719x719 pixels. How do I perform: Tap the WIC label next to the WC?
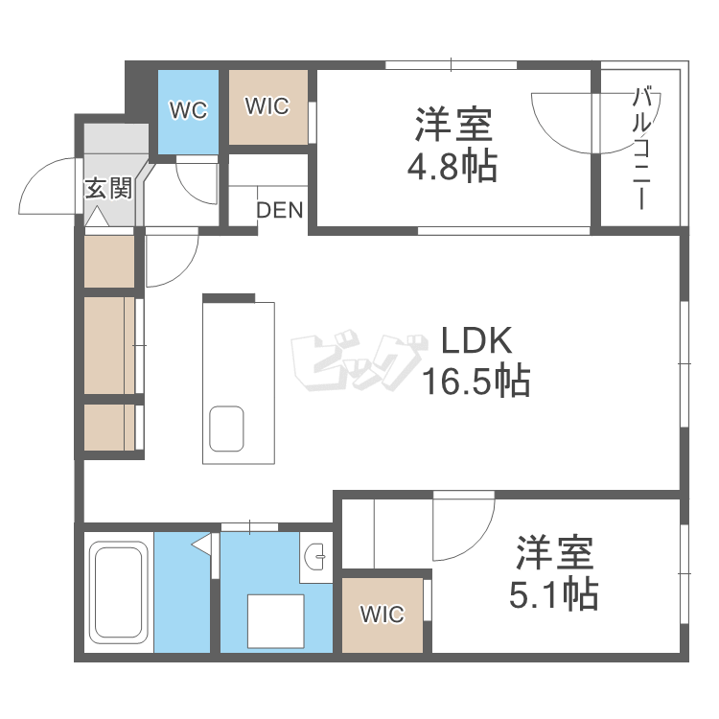pos(267,106)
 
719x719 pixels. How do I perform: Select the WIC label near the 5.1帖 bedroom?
pos(382,615)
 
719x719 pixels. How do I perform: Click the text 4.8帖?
pos(452,167)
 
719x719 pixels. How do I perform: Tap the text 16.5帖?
pos(476,382)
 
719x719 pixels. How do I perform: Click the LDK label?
pos(477,341)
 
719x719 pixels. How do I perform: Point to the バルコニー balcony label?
pos(643,149)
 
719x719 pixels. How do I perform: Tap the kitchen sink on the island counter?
pos(227,427)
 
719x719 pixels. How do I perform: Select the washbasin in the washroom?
pos(317,555)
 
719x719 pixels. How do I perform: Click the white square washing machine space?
pos(276,621)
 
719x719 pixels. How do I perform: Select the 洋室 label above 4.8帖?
pos(452,126)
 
